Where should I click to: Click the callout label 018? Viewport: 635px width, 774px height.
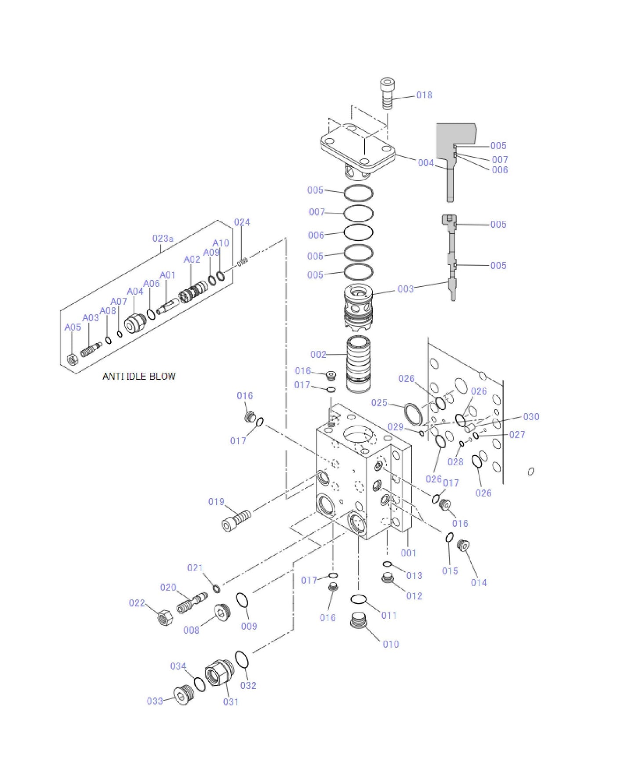(x=424, y=95)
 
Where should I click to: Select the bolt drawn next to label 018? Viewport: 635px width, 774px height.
(x=387, y=93)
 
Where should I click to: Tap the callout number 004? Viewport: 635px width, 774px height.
(x=425, y=163)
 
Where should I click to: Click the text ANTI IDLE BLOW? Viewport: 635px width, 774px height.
(x=139, y=376)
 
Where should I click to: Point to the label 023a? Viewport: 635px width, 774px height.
(x=163, y=238)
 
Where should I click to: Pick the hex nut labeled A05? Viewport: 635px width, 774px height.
(x=73, y=360)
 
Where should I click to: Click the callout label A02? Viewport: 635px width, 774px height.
(x=192, y=259)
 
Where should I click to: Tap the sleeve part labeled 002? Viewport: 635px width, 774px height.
(x=358, y=364)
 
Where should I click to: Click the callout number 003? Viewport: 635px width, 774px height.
(x=405, y=289)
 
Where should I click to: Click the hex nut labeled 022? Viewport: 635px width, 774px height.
(x=165, y=618)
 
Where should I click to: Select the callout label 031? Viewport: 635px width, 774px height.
(x=231, y=702)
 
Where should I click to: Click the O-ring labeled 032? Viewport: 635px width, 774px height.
(x=242, y=659)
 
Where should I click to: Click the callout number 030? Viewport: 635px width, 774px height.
(x=531, y=417)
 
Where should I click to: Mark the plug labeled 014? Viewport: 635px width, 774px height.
(x=463, y=545)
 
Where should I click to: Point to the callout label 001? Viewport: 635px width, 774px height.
(x=408, y=553)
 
